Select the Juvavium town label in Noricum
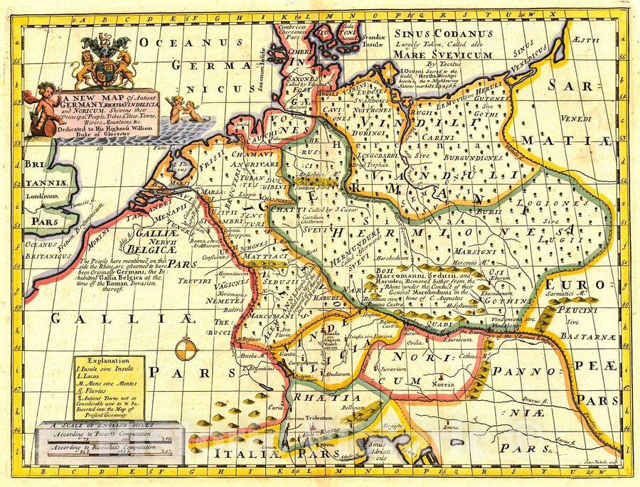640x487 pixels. click(395, 370)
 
